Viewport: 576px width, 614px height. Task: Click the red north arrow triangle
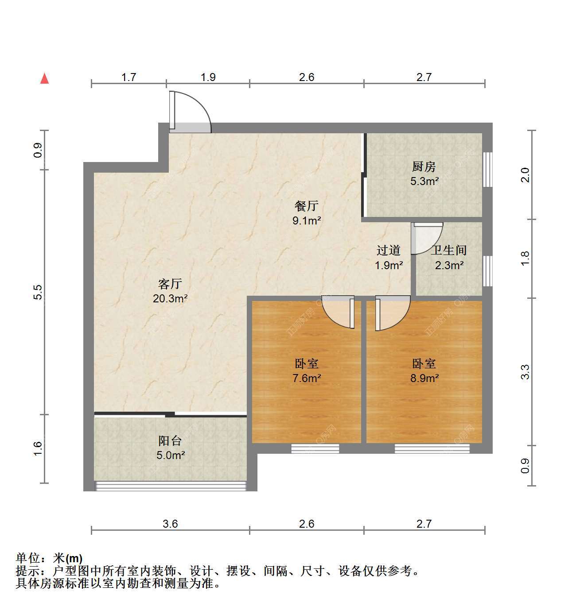pos(45,78)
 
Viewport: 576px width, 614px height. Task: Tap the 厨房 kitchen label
pos(424,167)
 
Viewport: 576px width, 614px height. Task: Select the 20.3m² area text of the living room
pos(170,298)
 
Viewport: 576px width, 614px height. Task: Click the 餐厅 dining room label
pos(307,206)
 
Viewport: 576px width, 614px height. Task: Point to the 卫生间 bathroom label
pos(449,251)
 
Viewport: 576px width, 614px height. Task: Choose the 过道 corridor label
pos(389,251)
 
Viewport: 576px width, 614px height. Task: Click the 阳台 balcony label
pos(170,441)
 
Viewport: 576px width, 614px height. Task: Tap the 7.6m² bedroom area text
pos(307,378)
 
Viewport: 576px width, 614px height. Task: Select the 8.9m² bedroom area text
pos(424,378)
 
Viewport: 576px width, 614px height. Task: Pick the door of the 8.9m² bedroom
pos(393,313)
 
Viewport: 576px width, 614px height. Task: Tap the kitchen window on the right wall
pos(487,170)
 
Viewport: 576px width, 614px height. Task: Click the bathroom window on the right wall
pos(487,271)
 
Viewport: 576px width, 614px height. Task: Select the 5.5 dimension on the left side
pos(38,292)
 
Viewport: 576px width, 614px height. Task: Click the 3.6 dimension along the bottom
pos(170,524)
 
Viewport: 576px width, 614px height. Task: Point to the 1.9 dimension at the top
pos(208,77)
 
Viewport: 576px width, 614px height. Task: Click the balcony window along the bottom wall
pos(171,486)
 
